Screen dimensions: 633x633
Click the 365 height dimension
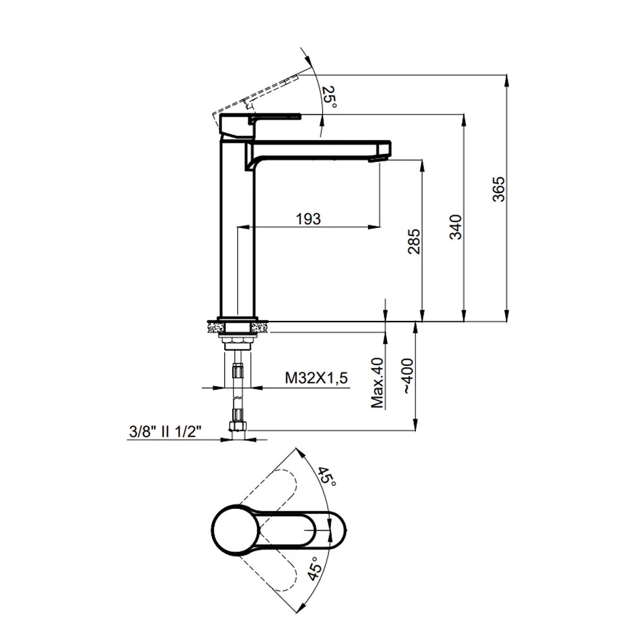coord(499,189)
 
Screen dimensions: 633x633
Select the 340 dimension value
coord(456,227)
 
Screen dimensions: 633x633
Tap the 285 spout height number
coord(414,241)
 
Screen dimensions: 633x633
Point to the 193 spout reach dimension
coord(308,219)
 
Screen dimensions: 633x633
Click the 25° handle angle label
coord(330,97)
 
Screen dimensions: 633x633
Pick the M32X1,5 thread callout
coord(316,379)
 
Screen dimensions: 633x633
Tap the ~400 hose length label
coord(407,376)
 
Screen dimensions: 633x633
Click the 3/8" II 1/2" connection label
coord(165,432)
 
